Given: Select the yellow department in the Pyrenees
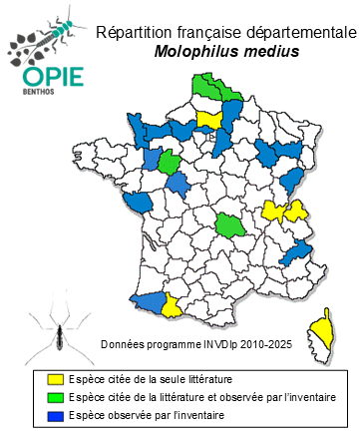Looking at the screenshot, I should [x=173, y=304].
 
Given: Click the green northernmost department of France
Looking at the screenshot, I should [x=209, y=87].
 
